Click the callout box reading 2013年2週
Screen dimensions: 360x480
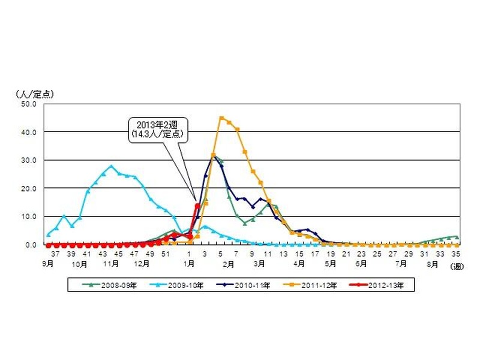(157, 130)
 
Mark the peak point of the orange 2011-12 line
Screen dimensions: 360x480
(221, 118)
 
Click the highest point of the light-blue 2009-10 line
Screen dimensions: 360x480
(111, 166)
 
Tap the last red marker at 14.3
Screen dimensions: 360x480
(197, 205)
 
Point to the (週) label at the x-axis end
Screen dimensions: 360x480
(458, 265)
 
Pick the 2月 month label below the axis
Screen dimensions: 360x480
(227, 264)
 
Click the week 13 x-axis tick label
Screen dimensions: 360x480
(284, 254)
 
